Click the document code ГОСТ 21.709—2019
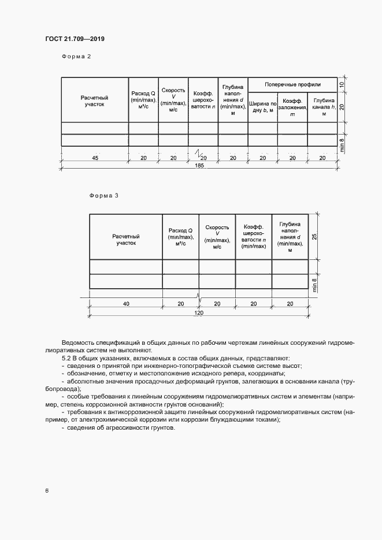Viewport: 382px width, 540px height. click(x=75, y=39)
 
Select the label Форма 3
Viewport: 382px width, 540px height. click(x=104, y=195)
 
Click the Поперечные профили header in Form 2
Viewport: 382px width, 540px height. click(x=292, y=84)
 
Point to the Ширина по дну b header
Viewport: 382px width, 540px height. click(x=262, y=106)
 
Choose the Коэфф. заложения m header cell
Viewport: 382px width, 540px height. click(x=292, y=107)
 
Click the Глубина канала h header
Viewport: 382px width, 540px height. click(x=322, y=106)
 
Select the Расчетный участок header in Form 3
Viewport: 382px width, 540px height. click(x=125, y=240)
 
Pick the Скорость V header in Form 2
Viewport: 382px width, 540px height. click(x=173, y=100)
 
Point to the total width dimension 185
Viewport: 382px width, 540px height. click(x=199, y=165)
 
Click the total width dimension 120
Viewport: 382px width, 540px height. click(x=198, y=312)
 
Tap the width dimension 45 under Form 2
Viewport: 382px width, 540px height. click(x=95, y=157)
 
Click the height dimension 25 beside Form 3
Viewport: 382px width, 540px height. click(x=314, y=237)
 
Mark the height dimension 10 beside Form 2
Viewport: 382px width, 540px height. click(x=342, y=84)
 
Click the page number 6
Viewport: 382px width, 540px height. click(x=46, y=490)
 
